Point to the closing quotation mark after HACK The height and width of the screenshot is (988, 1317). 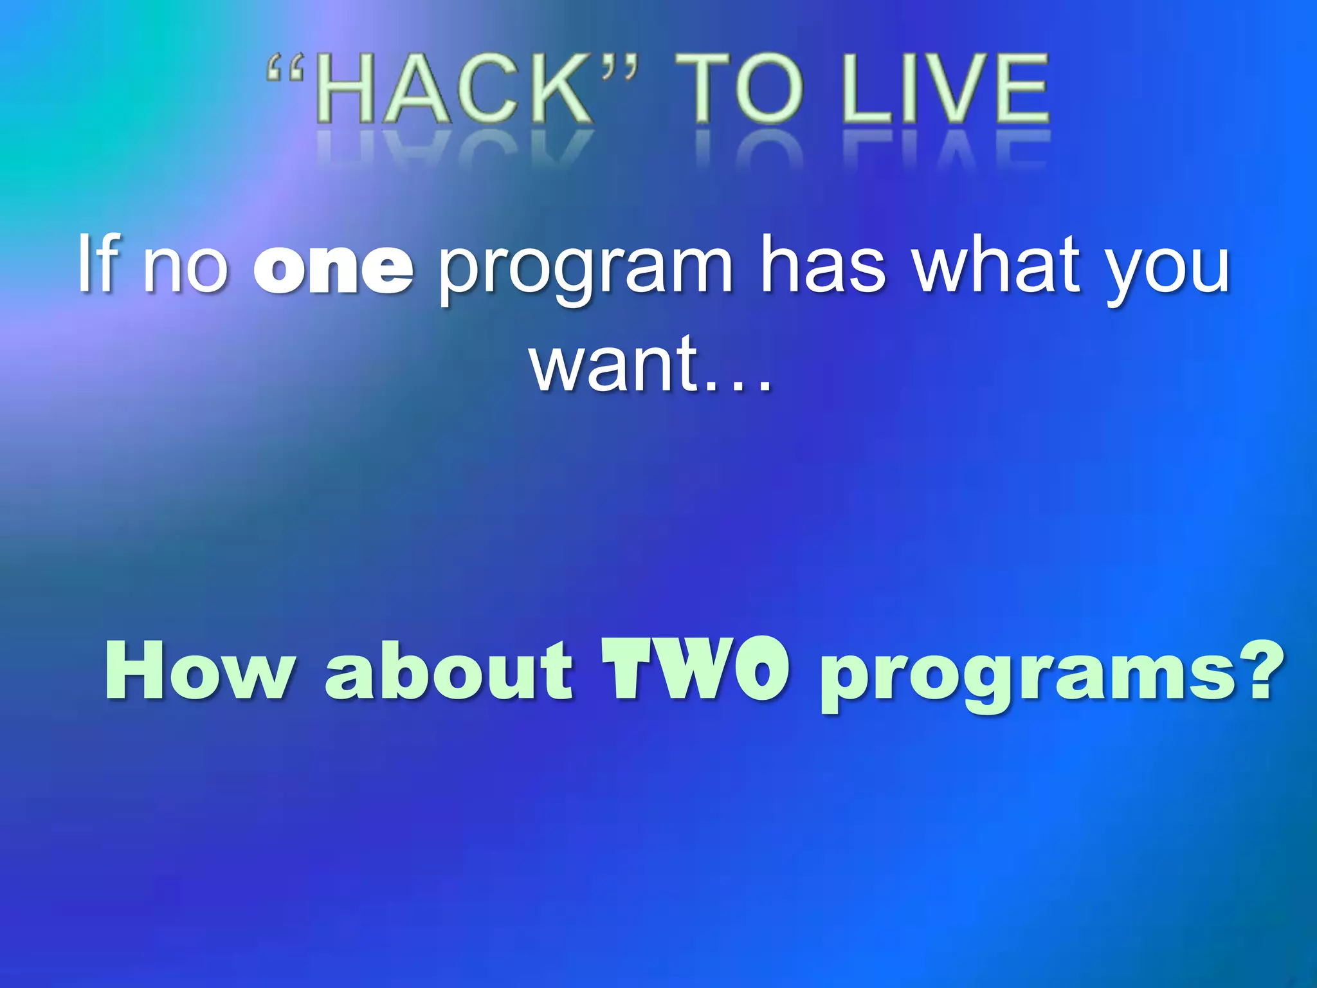(x=620, y=68)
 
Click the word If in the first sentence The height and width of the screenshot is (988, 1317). (x=98, y=264)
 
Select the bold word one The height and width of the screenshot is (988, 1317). (x=333, y=269)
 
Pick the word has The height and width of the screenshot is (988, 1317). (x=823, y=264)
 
